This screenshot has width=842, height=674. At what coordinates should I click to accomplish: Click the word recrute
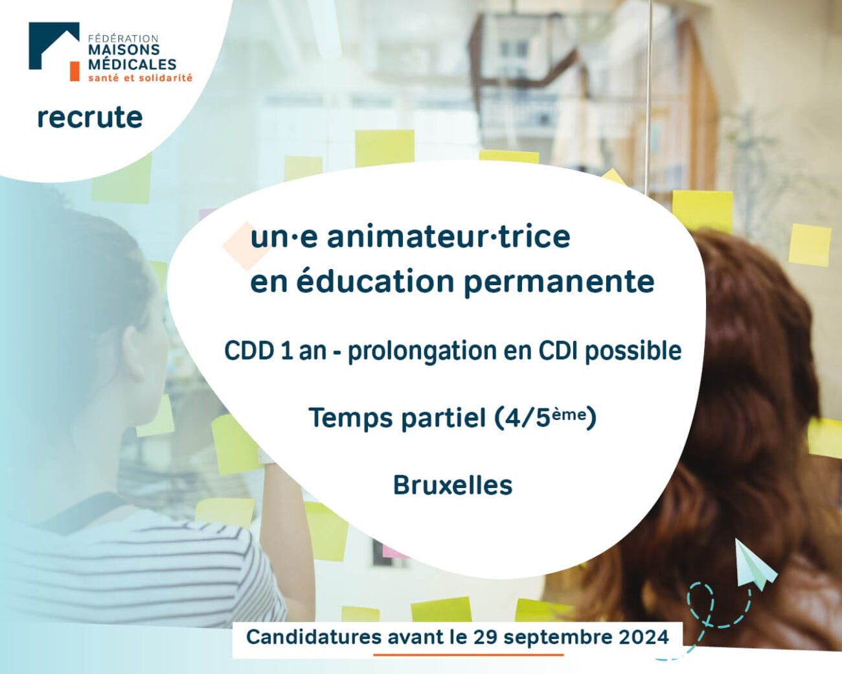coord(89,118)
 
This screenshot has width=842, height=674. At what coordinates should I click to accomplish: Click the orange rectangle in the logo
coord(74,71)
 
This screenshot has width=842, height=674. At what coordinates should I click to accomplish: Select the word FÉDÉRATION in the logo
coord(123,39)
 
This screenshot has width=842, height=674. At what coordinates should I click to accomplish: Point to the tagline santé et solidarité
coord(141,78)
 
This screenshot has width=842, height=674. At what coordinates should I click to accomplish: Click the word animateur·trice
coord(448,237)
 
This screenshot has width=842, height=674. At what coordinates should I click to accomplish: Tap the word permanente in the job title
coord(559,283)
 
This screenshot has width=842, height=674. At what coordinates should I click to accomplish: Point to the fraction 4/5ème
coord(545,417)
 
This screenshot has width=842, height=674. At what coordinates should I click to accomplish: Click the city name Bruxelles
coord(453,485)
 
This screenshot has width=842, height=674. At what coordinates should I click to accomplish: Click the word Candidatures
coord(313,637)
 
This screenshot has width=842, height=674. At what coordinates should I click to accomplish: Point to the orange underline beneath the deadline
coord(468,655)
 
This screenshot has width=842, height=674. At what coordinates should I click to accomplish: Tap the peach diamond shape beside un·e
coord(246,246)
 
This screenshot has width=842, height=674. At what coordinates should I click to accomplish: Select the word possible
coord(633,351)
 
